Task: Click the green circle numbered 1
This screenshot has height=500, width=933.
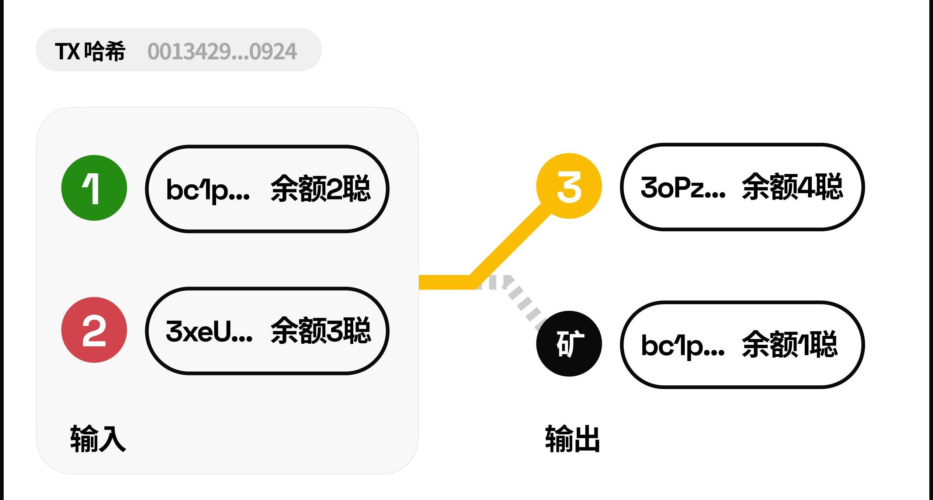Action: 94,188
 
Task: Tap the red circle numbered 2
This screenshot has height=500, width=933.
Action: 94,330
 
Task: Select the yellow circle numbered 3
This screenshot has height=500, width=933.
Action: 569,186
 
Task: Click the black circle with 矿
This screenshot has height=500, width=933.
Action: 569,344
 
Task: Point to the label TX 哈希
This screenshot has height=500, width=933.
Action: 90,51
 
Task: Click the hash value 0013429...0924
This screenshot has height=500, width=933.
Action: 222,51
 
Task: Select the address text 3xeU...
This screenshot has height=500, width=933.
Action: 209,331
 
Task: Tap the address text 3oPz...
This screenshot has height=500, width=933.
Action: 683,187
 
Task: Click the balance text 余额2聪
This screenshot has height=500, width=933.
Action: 320,188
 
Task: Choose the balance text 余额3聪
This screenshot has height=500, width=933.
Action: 320,331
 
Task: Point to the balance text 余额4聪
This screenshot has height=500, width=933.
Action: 792,187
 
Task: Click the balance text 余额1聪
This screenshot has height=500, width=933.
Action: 790,344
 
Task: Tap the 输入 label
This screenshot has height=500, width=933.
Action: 98,438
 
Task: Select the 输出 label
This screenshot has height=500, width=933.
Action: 572,439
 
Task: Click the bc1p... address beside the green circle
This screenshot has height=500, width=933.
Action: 208,190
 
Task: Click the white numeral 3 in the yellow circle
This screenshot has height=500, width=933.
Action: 569,187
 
